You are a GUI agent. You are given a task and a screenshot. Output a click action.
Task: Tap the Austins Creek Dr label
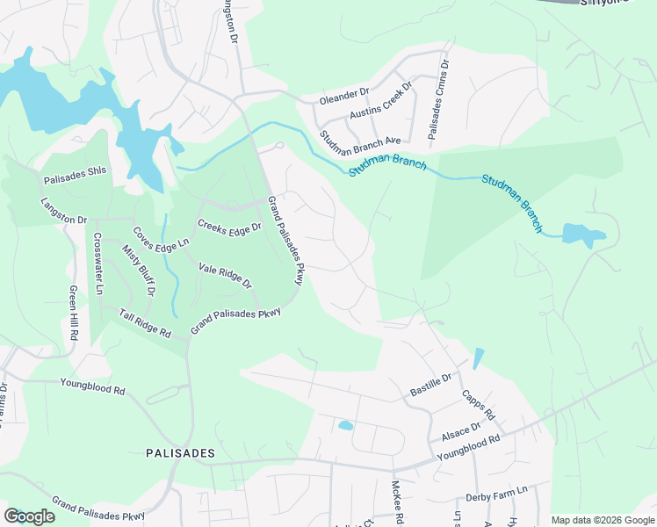(x=380, y=104)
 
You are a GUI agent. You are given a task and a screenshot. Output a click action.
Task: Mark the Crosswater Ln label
(x=98, y=263)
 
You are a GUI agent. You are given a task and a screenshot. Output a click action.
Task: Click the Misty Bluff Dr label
(x=139, y=269)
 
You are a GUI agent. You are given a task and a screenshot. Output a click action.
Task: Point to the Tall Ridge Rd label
(x=145, y=324)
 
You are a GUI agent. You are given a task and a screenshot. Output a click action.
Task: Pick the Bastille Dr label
(x=430, y=384)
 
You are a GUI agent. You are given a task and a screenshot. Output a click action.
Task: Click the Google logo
(x=29, y=516)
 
